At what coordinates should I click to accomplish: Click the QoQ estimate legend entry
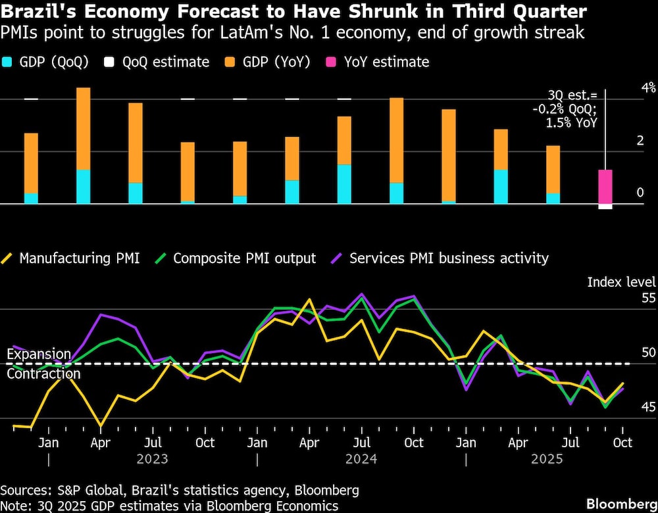[x=155, y=62]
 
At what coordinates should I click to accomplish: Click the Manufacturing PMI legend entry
[x=72, y=258]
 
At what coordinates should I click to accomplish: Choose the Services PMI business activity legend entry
[x=441, y=258]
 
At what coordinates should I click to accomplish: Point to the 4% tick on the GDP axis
[x=630, y=87]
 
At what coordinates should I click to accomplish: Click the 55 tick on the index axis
[x=630, y=298]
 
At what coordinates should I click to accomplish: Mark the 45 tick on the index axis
[x=630, y=408]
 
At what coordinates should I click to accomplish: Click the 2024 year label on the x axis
[x=361, y=458]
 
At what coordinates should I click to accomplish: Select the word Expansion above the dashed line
[x=39, y=354]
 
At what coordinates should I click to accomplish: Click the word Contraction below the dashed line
[x=43, y=374]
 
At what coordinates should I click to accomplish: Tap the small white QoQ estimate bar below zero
[x=605, y=207]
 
